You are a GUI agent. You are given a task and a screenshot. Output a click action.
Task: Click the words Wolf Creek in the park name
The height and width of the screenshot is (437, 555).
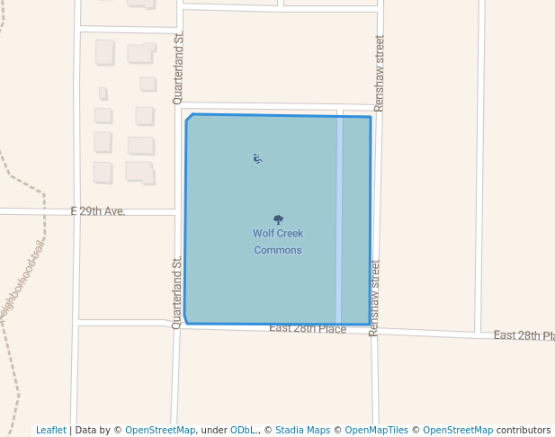[278, 234]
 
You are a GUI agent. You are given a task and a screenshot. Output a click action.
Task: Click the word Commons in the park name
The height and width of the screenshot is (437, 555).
[278, 250]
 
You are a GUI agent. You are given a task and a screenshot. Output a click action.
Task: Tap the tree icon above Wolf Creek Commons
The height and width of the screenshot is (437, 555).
[278, 219]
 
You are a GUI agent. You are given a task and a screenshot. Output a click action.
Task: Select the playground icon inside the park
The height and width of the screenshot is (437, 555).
[257, 159]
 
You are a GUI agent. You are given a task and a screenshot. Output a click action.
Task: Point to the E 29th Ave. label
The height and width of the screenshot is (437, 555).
[98, 211]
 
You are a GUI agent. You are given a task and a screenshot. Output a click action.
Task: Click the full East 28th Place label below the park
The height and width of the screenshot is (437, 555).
[308, 329]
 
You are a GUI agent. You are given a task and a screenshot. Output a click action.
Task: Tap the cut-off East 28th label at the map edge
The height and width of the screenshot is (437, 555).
[524, 335]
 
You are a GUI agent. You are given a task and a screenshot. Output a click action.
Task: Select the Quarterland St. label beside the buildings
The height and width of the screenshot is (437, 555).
[178, 67]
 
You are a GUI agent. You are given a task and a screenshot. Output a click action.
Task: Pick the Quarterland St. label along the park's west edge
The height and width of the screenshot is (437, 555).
[177, 291]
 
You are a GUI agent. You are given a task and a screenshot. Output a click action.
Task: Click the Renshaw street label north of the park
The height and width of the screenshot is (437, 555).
[379, 73]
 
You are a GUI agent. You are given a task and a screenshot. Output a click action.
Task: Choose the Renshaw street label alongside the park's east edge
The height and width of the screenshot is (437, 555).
[374, 298]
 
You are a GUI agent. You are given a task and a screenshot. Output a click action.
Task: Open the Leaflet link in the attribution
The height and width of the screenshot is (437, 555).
[50, 430]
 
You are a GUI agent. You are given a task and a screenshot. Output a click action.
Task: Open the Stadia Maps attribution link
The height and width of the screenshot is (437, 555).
[302, 430]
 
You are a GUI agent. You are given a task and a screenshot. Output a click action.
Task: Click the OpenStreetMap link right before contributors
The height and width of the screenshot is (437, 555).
[458, 430]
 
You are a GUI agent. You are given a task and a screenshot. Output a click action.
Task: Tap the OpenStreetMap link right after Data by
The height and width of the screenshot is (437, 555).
[159, 430]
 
